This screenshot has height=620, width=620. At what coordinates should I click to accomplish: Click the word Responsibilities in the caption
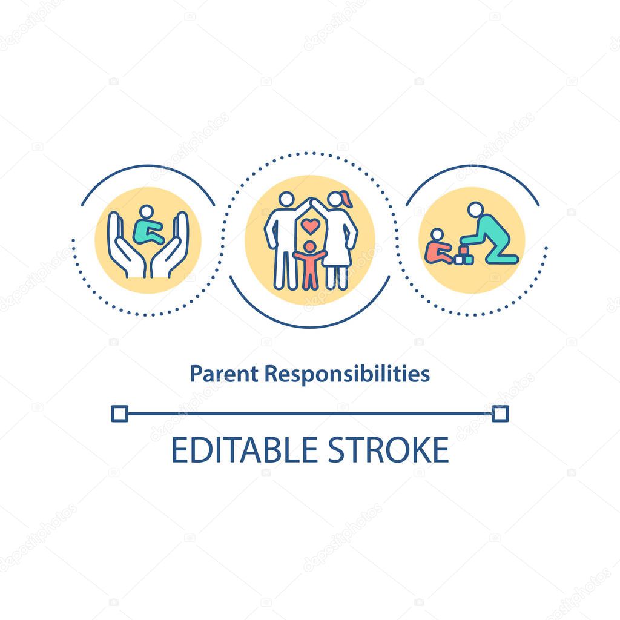point(347,375)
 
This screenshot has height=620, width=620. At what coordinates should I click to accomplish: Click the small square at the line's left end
point(119,414)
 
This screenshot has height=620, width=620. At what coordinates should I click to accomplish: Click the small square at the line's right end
point(500,414)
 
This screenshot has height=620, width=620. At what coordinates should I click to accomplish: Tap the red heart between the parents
point(311,226)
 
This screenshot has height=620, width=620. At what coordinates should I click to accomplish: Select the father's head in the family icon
point(286,199)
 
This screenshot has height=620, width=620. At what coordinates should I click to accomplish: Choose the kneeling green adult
point(493,239)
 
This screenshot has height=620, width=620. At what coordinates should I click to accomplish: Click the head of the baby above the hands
point(146,213)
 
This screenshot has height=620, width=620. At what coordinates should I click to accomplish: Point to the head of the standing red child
point(309,246)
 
